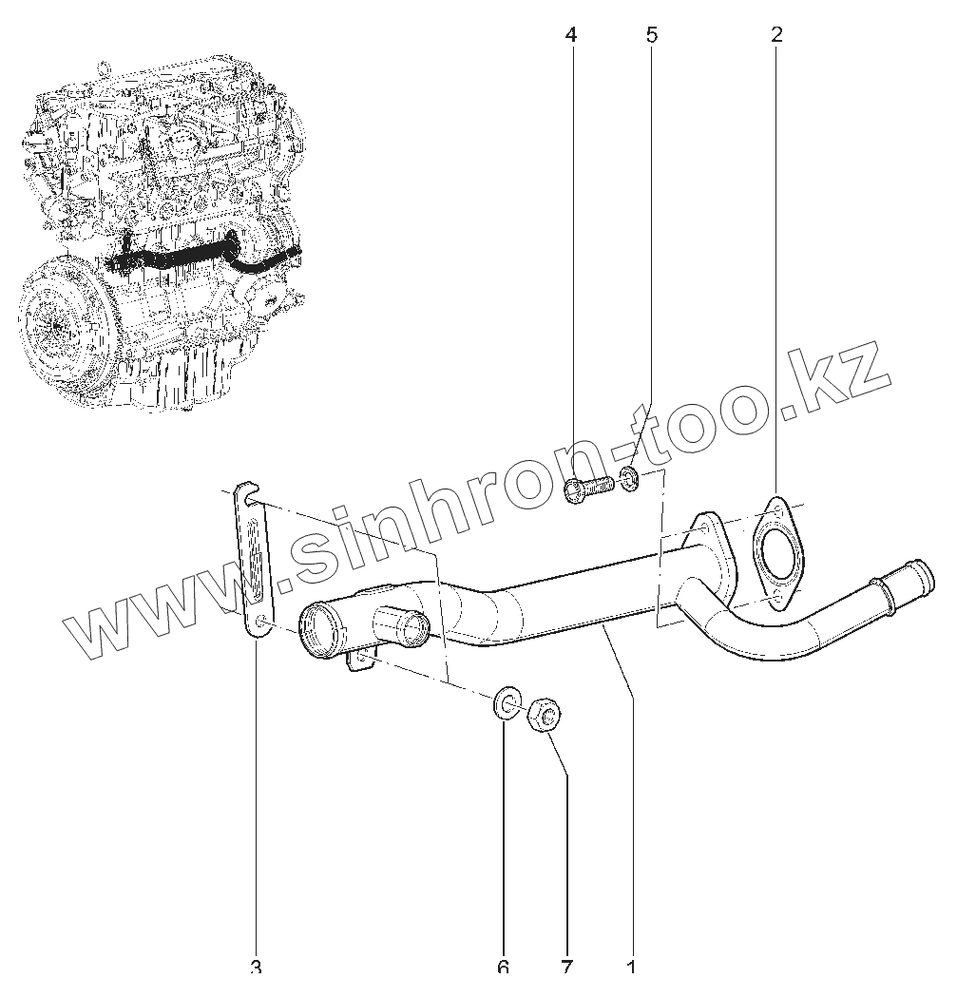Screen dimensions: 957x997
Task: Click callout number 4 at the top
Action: pyautogui.click(x=570, y=36)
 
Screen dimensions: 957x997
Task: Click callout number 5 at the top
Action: pyautogui.click(x=651, y=36)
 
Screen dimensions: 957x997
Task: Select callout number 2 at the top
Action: pyautogui.click(x=777, y=36)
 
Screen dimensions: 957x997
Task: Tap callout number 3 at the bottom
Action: pyautogui.click(x=256, y=968)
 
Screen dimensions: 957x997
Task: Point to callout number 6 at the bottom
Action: pyautogui.click(x=503, y=968)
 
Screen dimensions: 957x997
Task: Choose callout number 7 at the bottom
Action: pyautogui.click(x=566, y=968)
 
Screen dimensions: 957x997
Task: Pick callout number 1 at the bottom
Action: pyautogui.click(x=631, y=968)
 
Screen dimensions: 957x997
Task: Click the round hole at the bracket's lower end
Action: pyautogui.click(x=259, y=622)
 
